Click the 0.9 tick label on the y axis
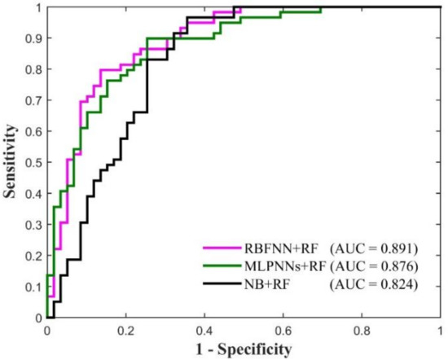click(x=32, y=38)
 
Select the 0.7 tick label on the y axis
click(x=32, y=101)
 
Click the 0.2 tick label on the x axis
click(x=125, y=332)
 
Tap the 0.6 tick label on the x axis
click(x=283, y=332)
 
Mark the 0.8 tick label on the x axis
click(x=361, y=332)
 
